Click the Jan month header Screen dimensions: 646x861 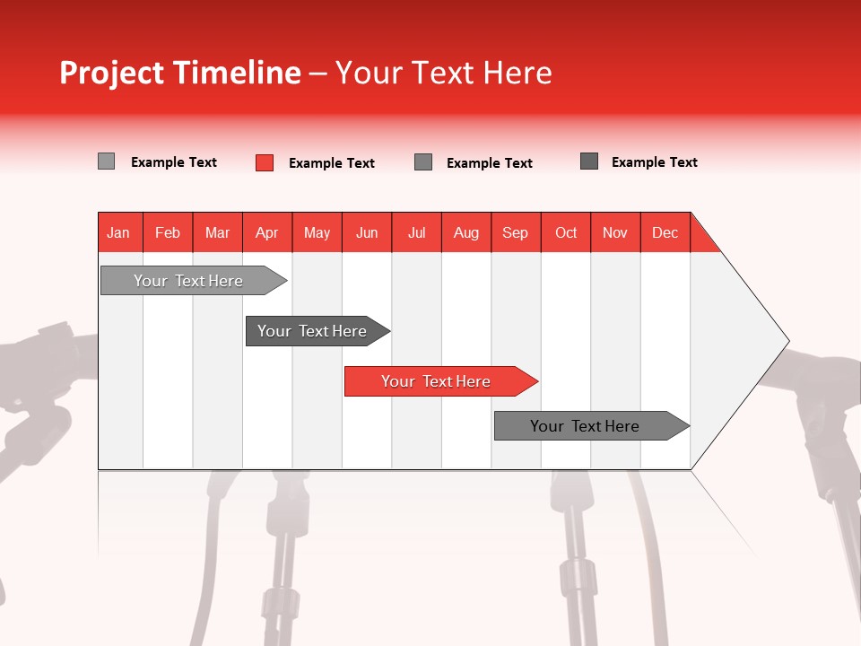[x=118, y=232]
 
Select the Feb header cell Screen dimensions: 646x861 [x=168, y=232]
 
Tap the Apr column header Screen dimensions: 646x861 [x=266, y=232]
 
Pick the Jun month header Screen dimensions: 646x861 [x=367, y=232]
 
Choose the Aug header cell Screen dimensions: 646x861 [x=465, y=232]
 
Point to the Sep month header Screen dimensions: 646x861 [x=515, y=232]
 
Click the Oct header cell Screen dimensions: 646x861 [x=566, y=232]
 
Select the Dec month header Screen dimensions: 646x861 [x=665, y=232]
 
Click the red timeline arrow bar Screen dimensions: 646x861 [x=439, y=381]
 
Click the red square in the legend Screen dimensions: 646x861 [x=265, y=162]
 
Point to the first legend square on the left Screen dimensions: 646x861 [x=106, y=161]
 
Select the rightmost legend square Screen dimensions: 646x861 [x=589, y=161]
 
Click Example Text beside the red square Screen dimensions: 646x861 [x=331, y=163]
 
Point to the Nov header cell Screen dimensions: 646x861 [x=615, y=232]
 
